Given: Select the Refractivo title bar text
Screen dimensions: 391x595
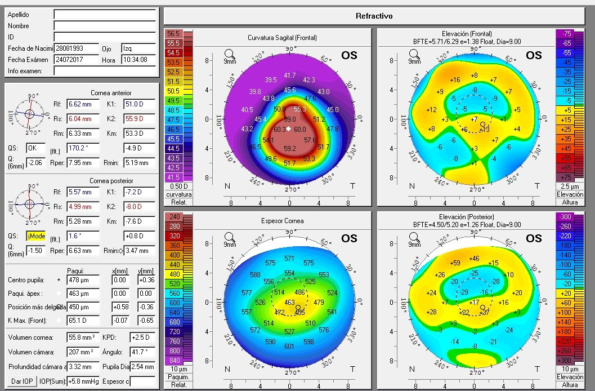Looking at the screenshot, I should coord(374,16).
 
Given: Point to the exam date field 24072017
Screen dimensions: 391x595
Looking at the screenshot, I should coord(76,59).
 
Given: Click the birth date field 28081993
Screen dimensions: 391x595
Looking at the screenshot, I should coord(76,48).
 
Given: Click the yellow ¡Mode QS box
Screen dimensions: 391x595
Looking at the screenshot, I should coord(35,236).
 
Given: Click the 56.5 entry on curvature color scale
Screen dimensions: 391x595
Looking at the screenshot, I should coord(173,34).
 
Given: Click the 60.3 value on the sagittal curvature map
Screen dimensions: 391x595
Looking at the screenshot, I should coord(280,130).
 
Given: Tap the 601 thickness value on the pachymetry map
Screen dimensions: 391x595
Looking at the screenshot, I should coord(289,346).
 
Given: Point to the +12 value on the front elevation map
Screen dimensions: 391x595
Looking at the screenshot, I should coord(432,110).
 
